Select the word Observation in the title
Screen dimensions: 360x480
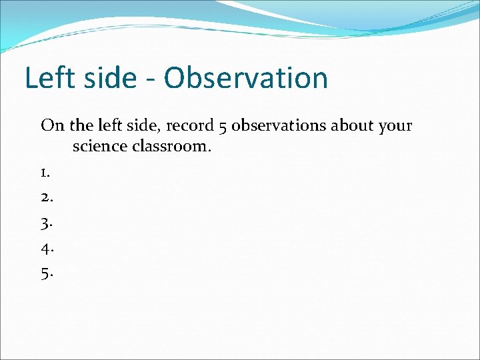(246, 78)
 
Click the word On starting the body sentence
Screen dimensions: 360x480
(51, 125)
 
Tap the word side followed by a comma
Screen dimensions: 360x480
(143, 125)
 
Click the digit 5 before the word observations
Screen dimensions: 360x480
(222, 125)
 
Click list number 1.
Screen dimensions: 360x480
(45, 173)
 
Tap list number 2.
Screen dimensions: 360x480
(46, 197)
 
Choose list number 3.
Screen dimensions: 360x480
(46, 223)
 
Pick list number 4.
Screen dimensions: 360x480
(46, 247)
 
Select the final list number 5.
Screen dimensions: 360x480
(46, 273)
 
